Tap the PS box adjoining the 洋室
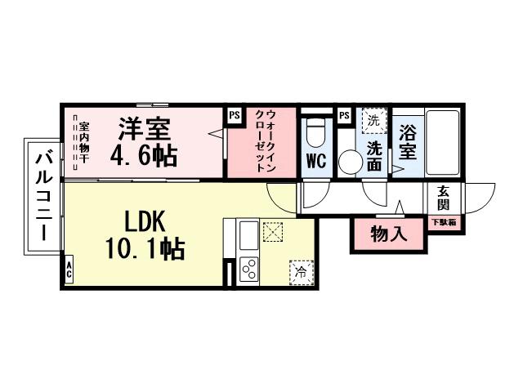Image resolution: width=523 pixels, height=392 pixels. point(235,115)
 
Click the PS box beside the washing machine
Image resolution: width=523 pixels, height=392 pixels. point(343,115)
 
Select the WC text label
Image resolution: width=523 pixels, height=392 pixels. point(315,162)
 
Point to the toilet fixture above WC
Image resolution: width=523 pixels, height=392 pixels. point(315,131)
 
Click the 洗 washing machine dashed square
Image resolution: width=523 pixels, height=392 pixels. point(373,120)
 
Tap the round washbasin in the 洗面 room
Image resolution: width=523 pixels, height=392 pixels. point(350,161)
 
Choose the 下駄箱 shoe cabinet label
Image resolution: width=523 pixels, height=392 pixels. point(444,222)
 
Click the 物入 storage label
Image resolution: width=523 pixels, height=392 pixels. point(388,234)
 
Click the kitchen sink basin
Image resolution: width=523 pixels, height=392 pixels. point(248,237)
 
